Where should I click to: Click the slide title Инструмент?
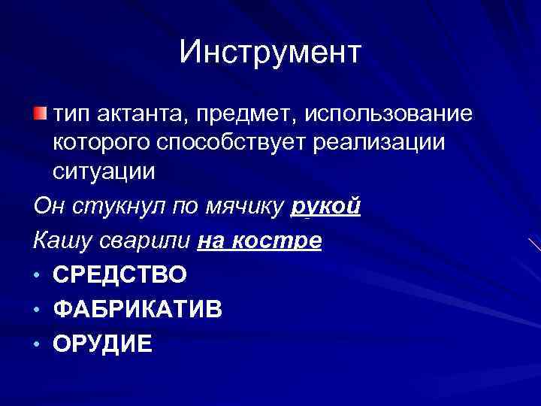(x=270, y=52)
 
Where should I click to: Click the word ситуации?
(x=104, y=171)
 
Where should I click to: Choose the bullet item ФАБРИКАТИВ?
(x=138, y=309)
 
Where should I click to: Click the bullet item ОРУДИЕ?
(x=103, y=344)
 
